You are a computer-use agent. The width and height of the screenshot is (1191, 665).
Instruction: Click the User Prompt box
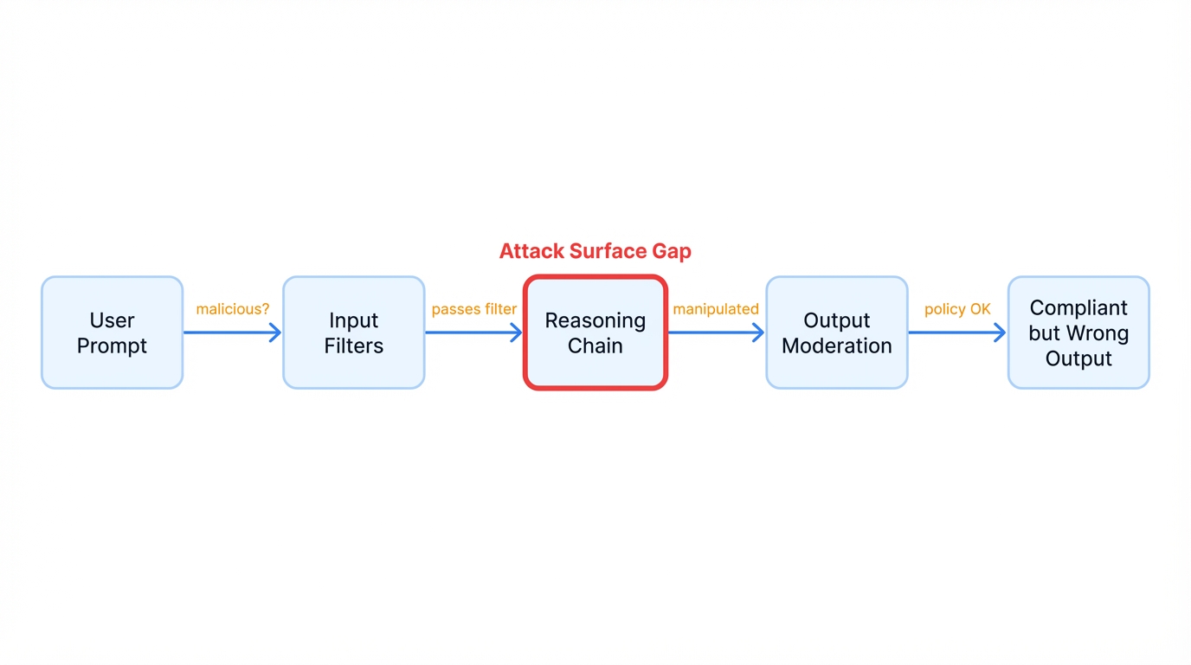[x=113, y=332]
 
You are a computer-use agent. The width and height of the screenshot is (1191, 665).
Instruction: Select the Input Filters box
[x=354, y=332]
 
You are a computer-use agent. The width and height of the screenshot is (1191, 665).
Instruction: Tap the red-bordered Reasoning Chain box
[x=595, y=332]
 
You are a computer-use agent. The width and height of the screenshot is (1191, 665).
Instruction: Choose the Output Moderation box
[x=837, y=332]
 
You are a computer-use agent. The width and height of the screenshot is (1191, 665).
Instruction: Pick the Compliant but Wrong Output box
[x=1078, y=332]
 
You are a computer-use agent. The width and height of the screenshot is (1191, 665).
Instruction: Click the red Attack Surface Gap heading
[x=595, y=251]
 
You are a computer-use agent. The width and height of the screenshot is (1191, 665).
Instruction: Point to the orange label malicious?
[x=233, y=309]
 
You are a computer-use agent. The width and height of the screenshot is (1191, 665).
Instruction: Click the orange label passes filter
[x=474, y=309]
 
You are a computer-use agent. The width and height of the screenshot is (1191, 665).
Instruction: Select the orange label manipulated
[x=716, y=309]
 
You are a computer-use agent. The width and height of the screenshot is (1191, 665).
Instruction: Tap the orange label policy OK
[x=957, y=309]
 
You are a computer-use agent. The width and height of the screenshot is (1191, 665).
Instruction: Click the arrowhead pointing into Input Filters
[x=276, y=332]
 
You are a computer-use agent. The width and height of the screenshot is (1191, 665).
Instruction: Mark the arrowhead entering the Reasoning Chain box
[x=517, y=332]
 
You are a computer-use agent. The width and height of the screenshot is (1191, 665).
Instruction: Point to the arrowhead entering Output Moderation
[x=759, y=332]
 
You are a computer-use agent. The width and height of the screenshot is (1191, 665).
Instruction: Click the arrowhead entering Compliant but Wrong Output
[x=1001, y=332]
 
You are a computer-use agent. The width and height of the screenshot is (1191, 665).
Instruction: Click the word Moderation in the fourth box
[x=837, y=345]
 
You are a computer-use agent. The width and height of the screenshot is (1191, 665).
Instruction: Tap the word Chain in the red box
[x=595, y=345]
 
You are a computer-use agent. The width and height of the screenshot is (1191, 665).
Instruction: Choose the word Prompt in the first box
[x=113, y=345]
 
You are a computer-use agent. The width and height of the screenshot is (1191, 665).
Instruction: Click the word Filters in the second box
[x=354, y=345]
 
